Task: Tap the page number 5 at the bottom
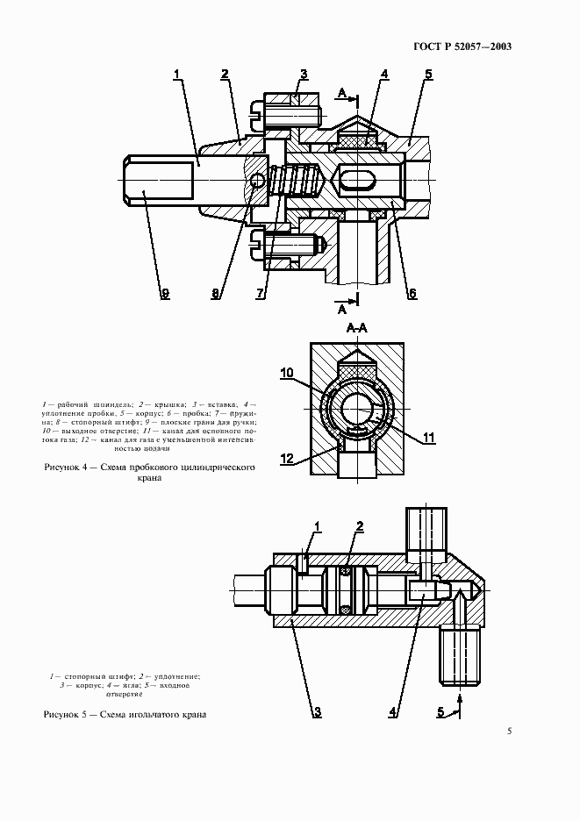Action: (510, 731)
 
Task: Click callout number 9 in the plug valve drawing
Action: (163, 294)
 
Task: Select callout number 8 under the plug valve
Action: (217, 294)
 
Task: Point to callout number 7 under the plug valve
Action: (260, 294)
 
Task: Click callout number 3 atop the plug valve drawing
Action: (303, 74)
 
